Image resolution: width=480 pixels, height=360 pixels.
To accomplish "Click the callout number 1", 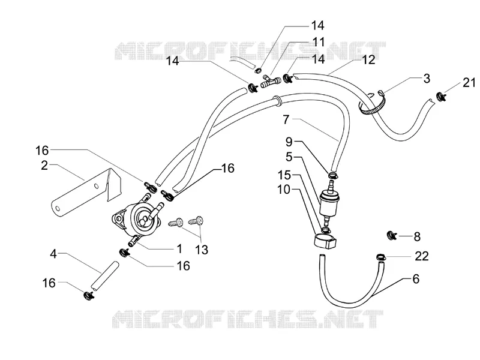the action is pos(179,248).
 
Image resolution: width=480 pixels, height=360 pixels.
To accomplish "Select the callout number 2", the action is pos(44,166).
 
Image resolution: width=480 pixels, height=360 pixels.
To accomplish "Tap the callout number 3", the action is pos(427,79).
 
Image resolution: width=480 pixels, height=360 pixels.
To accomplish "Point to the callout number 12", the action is pos(368,59).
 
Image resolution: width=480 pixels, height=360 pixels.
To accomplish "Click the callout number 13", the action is pos(202,250).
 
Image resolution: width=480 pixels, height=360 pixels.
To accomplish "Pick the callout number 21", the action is pos(469,83).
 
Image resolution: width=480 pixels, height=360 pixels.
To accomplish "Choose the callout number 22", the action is pos(422,256).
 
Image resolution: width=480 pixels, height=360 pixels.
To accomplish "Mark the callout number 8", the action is pos(417,236).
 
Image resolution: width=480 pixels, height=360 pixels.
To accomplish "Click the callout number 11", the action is pos(319,42).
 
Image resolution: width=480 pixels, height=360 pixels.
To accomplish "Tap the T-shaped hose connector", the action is pos(271,82).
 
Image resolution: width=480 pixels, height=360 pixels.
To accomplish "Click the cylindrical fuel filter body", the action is pos(329,203).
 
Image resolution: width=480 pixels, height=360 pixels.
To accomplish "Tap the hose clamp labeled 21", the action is pos(441,97).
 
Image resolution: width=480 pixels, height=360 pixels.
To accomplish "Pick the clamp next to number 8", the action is pos(392,235).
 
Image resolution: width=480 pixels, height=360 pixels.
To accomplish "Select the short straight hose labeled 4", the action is pos(104,275).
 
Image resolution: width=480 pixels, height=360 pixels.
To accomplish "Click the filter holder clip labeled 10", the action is pos(325,241).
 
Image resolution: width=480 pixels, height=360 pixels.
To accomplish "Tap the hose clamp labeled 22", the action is pos(381,257).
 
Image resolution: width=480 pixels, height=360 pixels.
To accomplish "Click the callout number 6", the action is pos(416,279).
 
